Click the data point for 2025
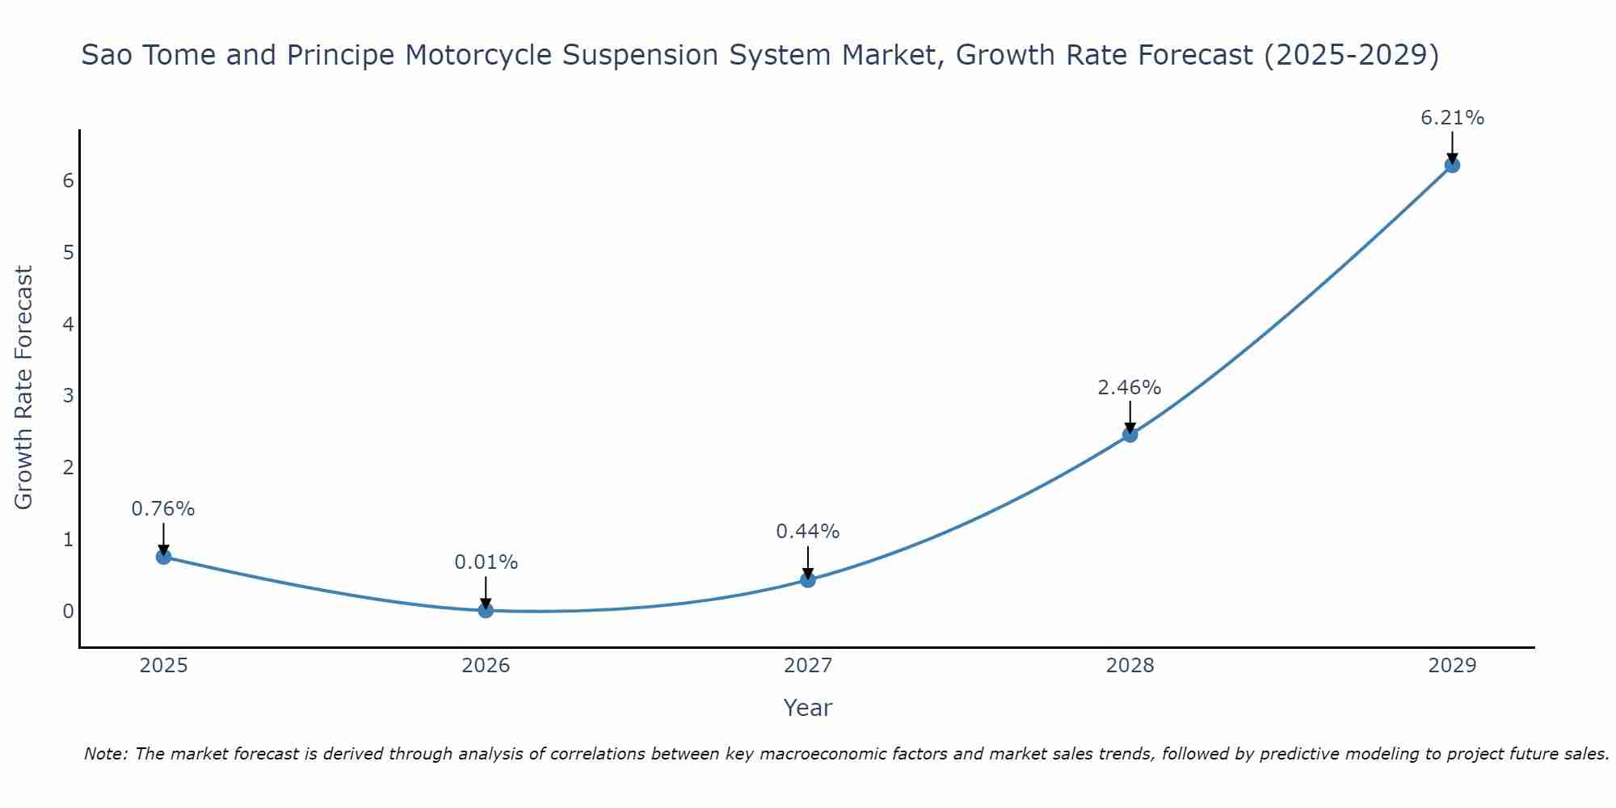163,556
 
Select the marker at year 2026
486,610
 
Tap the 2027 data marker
808,579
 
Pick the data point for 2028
1130,435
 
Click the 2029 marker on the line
1452,165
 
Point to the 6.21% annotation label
1452,118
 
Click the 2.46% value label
1129,388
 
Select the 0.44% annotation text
807,532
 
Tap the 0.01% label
486,562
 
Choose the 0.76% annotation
163,509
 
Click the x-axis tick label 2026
486,666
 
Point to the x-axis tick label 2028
1130,666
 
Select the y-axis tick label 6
69,180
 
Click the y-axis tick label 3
69,396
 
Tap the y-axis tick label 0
69,611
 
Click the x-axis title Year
807,708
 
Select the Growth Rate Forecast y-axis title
24,388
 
